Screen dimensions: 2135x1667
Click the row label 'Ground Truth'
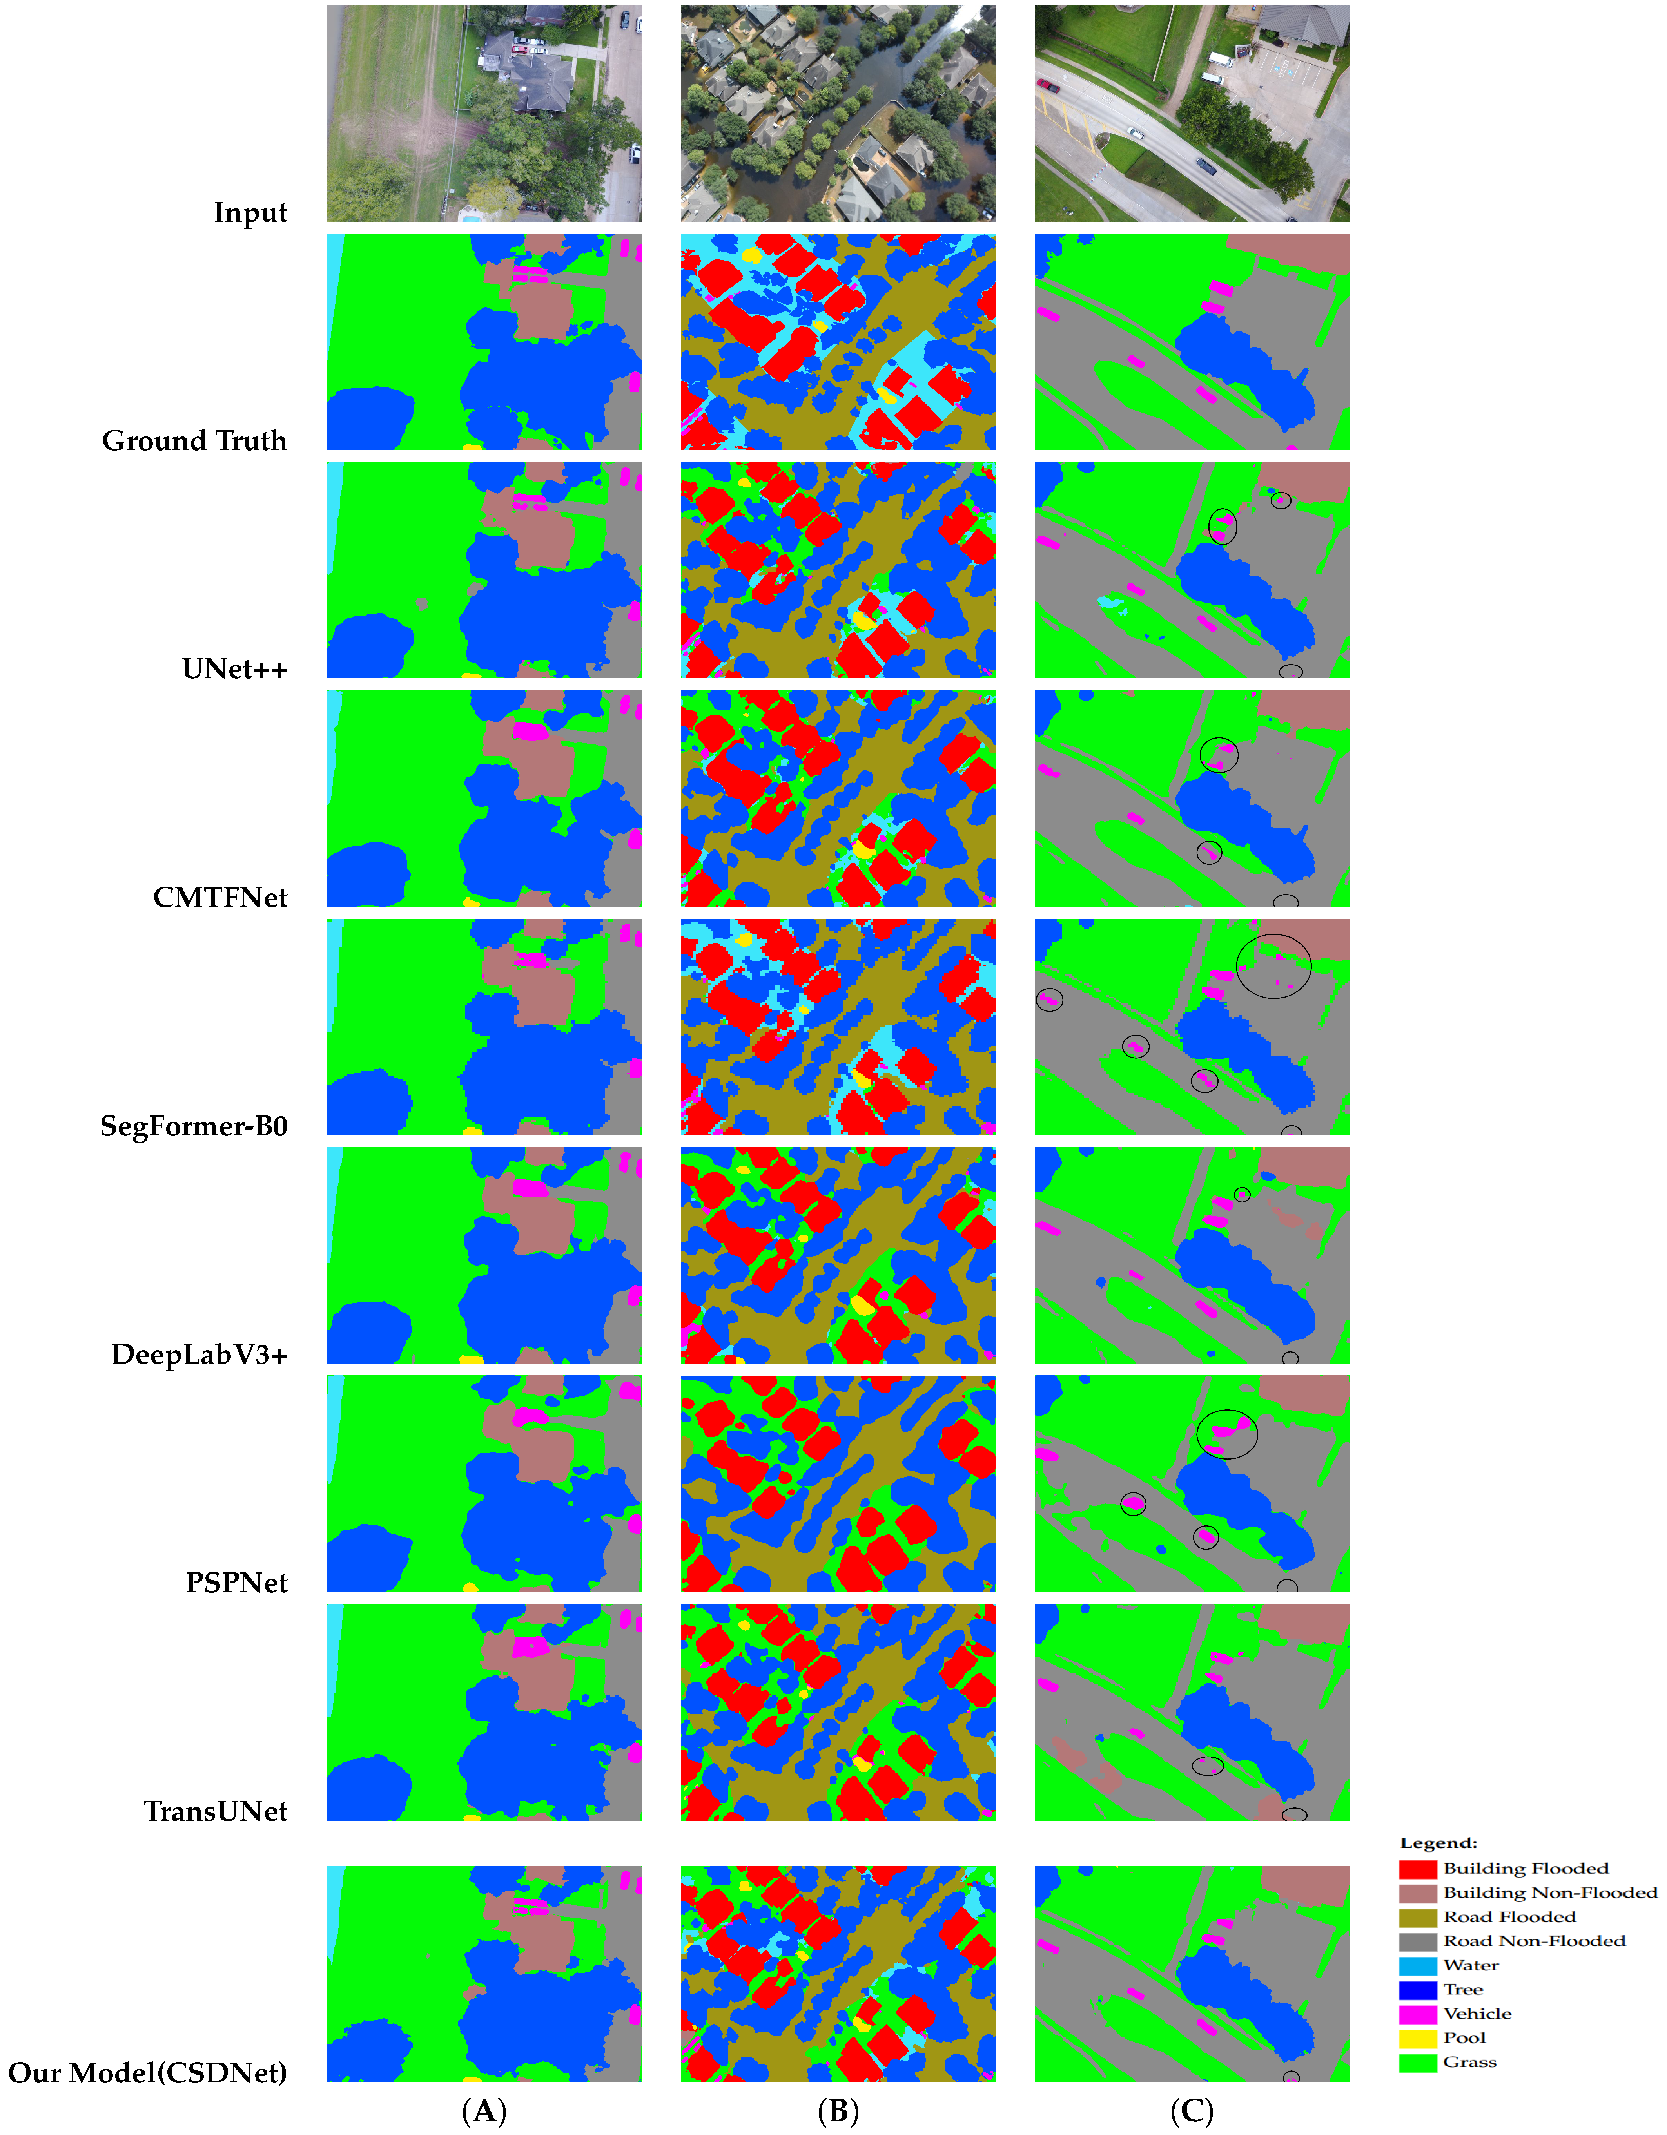(x=194, y=441)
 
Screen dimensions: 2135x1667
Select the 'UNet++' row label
(x=235, y=670)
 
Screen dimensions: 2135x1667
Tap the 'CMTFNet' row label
(x=220, y=897)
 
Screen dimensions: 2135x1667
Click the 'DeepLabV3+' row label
(x=200, y=1355)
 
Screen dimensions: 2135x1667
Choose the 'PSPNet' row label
(x=237, y=1583)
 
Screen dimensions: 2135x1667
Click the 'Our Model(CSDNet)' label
(x=148, y=2072)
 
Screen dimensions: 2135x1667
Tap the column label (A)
(x=484, y=2111)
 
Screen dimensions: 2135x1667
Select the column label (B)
(x=838, y=2111)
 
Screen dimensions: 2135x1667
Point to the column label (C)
(x=1192, y=2111)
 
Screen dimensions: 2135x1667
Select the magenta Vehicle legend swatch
(x=1418, y=2014)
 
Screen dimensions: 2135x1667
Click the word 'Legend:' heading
(x=1438, y=1843)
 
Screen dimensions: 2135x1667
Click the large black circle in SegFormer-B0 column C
(x=1273, y=966)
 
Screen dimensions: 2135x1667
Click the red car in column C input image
(x=1048, y=86)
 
